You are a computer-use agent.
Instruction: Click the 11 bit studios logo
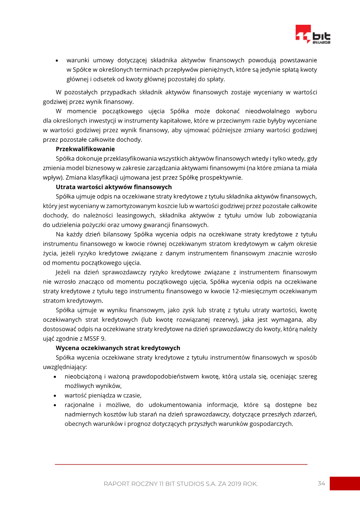[x=313, y=35]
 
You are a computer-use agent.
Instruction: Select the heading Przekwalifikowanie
[x=85, y=149]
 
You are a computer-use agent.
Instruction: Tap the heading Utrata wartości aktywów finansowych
[x=113, y=187]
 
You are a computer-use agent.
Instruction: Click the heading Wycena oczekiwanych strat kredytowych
[x=118, y=348]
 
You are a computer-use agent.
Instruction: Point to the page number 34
[x=321, y=483]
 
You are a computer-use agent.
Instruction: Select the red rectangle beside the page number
[x=345, y=483]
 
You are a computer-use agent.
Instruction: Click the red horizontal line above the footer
[x=181, y=464]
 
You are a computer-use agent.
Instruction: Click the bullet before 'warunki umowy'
[x=57, y=60]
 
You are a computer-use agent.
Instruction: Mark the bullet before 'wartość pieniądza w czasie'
[x=55, y=396]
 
